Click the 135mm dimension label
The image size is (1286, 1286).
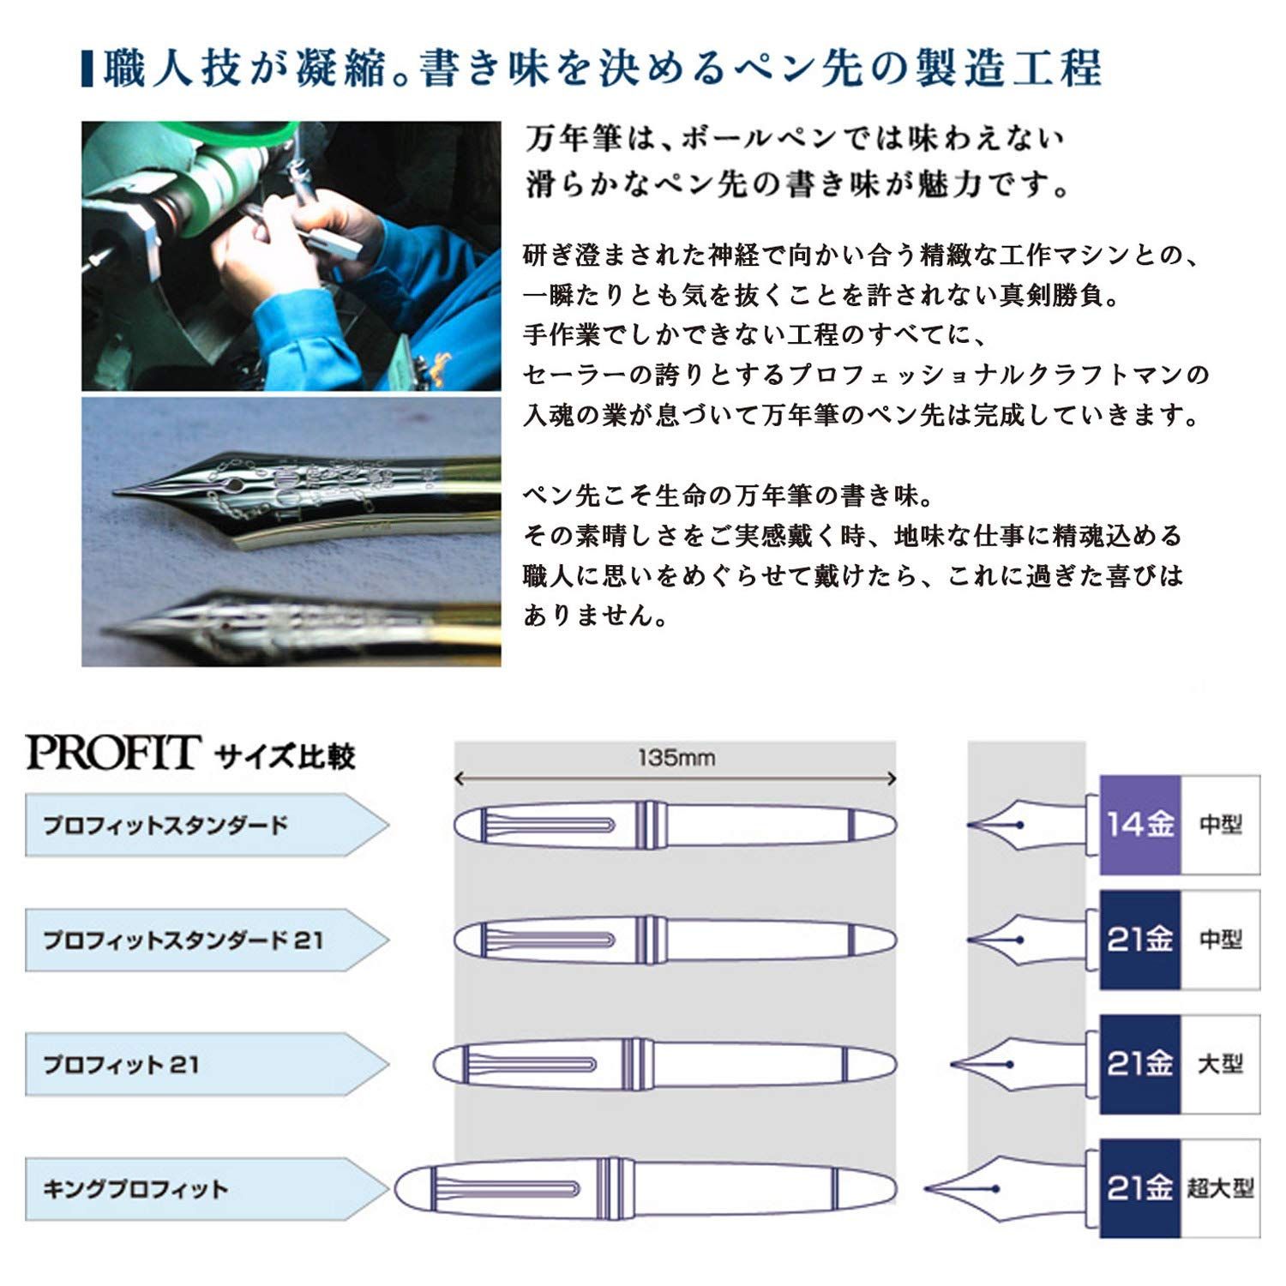point(676,758)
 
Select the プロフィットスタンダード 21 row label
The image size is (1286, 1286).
point(183,940)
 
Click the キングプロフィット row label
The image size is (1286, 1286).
point(135,1189)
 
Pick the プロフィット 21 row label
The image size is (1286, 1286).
point(121,1065)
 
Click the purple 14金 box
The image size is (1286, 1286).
point(1139,825)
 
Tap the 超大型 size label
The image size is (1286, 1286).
point(1220,1188)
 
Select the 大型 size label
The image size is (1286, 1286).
point(1220,1064)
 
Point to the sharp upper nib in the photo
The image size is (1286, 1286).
point(283,503)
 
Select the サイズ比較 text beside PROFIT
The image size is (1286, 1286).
point(285,756)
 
